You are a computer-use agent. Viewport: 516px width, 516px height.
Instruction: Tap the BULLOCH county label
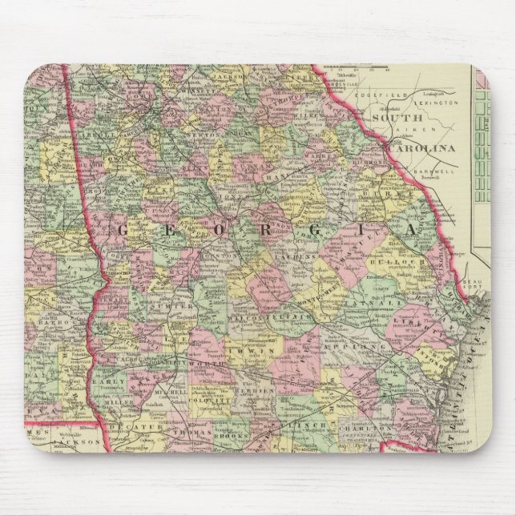[x=406, y=262]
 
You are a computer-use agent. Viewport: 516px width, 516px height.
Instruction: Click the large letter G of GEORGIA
[x=124, y=232]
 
